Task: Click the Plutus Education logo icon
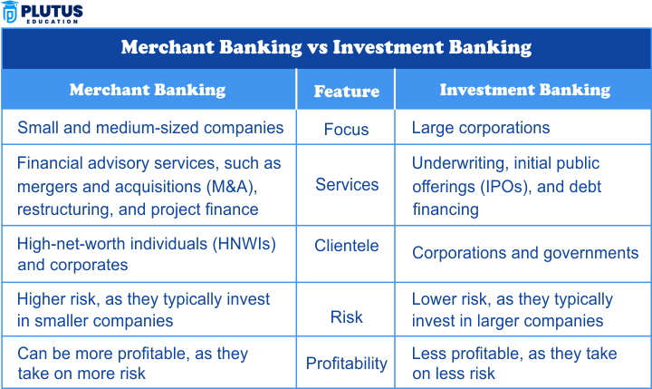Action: [10, 12]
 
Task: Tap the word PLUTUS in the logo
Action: [52, 11]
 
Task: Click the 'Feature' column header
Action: [346, 92]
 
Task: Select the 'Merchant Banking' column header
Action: [148, 90]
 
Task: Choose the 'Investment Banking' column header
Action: [525, 90]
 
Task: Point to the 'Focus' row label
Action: [346, 130]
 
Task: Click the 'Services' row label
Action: [347, 184]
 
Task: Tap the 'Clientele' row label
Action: [346, 246]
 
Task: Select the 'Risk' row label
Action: [346, 317]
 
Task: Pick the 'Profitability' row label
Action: [346, 364]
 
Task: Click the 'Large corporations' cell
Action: [481, 128]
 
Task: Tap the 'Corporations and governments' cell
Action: [525, 253]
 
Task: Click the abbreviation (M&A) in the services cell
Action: [232, 187]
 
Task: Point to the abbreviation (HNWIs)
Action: [244, 244]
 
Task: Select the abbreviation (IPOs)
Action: [505, 187]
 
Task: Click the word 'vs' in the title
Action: [317, 47]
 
